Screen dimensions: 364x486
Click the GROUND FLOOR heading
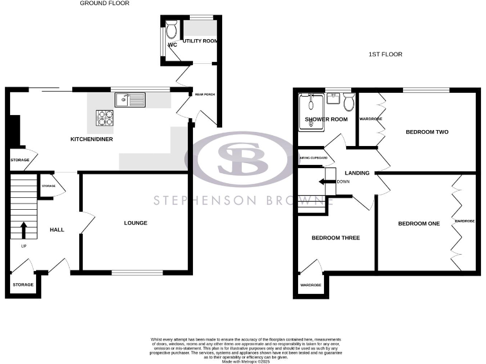click(104, 3)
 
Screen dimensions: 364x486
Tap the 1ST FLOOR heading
click(385, 54)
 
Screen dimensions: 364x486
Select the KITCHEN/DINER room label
click(91, 139)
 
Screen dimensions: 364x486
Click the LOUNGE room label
click(135, 223)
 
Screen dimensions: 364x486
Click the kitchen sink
click(130, 99)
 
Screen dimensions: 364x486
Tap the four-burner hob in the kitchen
click(104, 118)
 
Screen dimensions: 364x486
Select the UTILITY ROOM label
click(199, 42)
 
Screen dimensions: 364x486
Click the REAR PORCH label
click(205, 95)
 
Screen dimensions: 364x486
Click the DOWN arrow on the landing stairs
click(327, 182)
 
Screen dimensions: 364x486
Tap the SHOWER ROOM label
click(327, 119)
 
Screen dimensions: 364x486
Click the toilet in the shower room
click(349, 100)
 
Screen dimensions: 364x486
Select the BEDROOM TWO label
click(427, 132)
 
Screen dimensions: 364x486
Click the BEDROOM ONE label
click(418, 224)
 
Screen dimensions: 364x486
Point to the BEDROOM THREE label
click(335, 238)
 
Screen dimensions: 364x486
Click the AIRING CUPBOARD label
click(313, 158)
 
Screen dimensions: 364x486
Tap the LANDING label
click(357, 173)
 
